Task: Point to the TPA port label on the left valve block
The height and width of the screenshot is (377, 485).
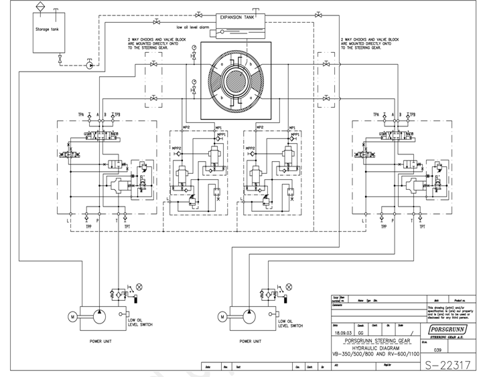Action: pos(81,114)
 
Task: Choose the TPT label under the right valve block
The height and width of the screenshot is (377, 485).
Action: pos(423,227)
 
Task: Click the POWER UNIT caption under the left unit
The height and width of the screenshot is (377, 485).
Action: pos(105,341)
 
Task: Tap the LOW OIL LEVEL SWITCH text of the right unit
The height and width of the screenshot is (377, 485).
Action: pos(292,324)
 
